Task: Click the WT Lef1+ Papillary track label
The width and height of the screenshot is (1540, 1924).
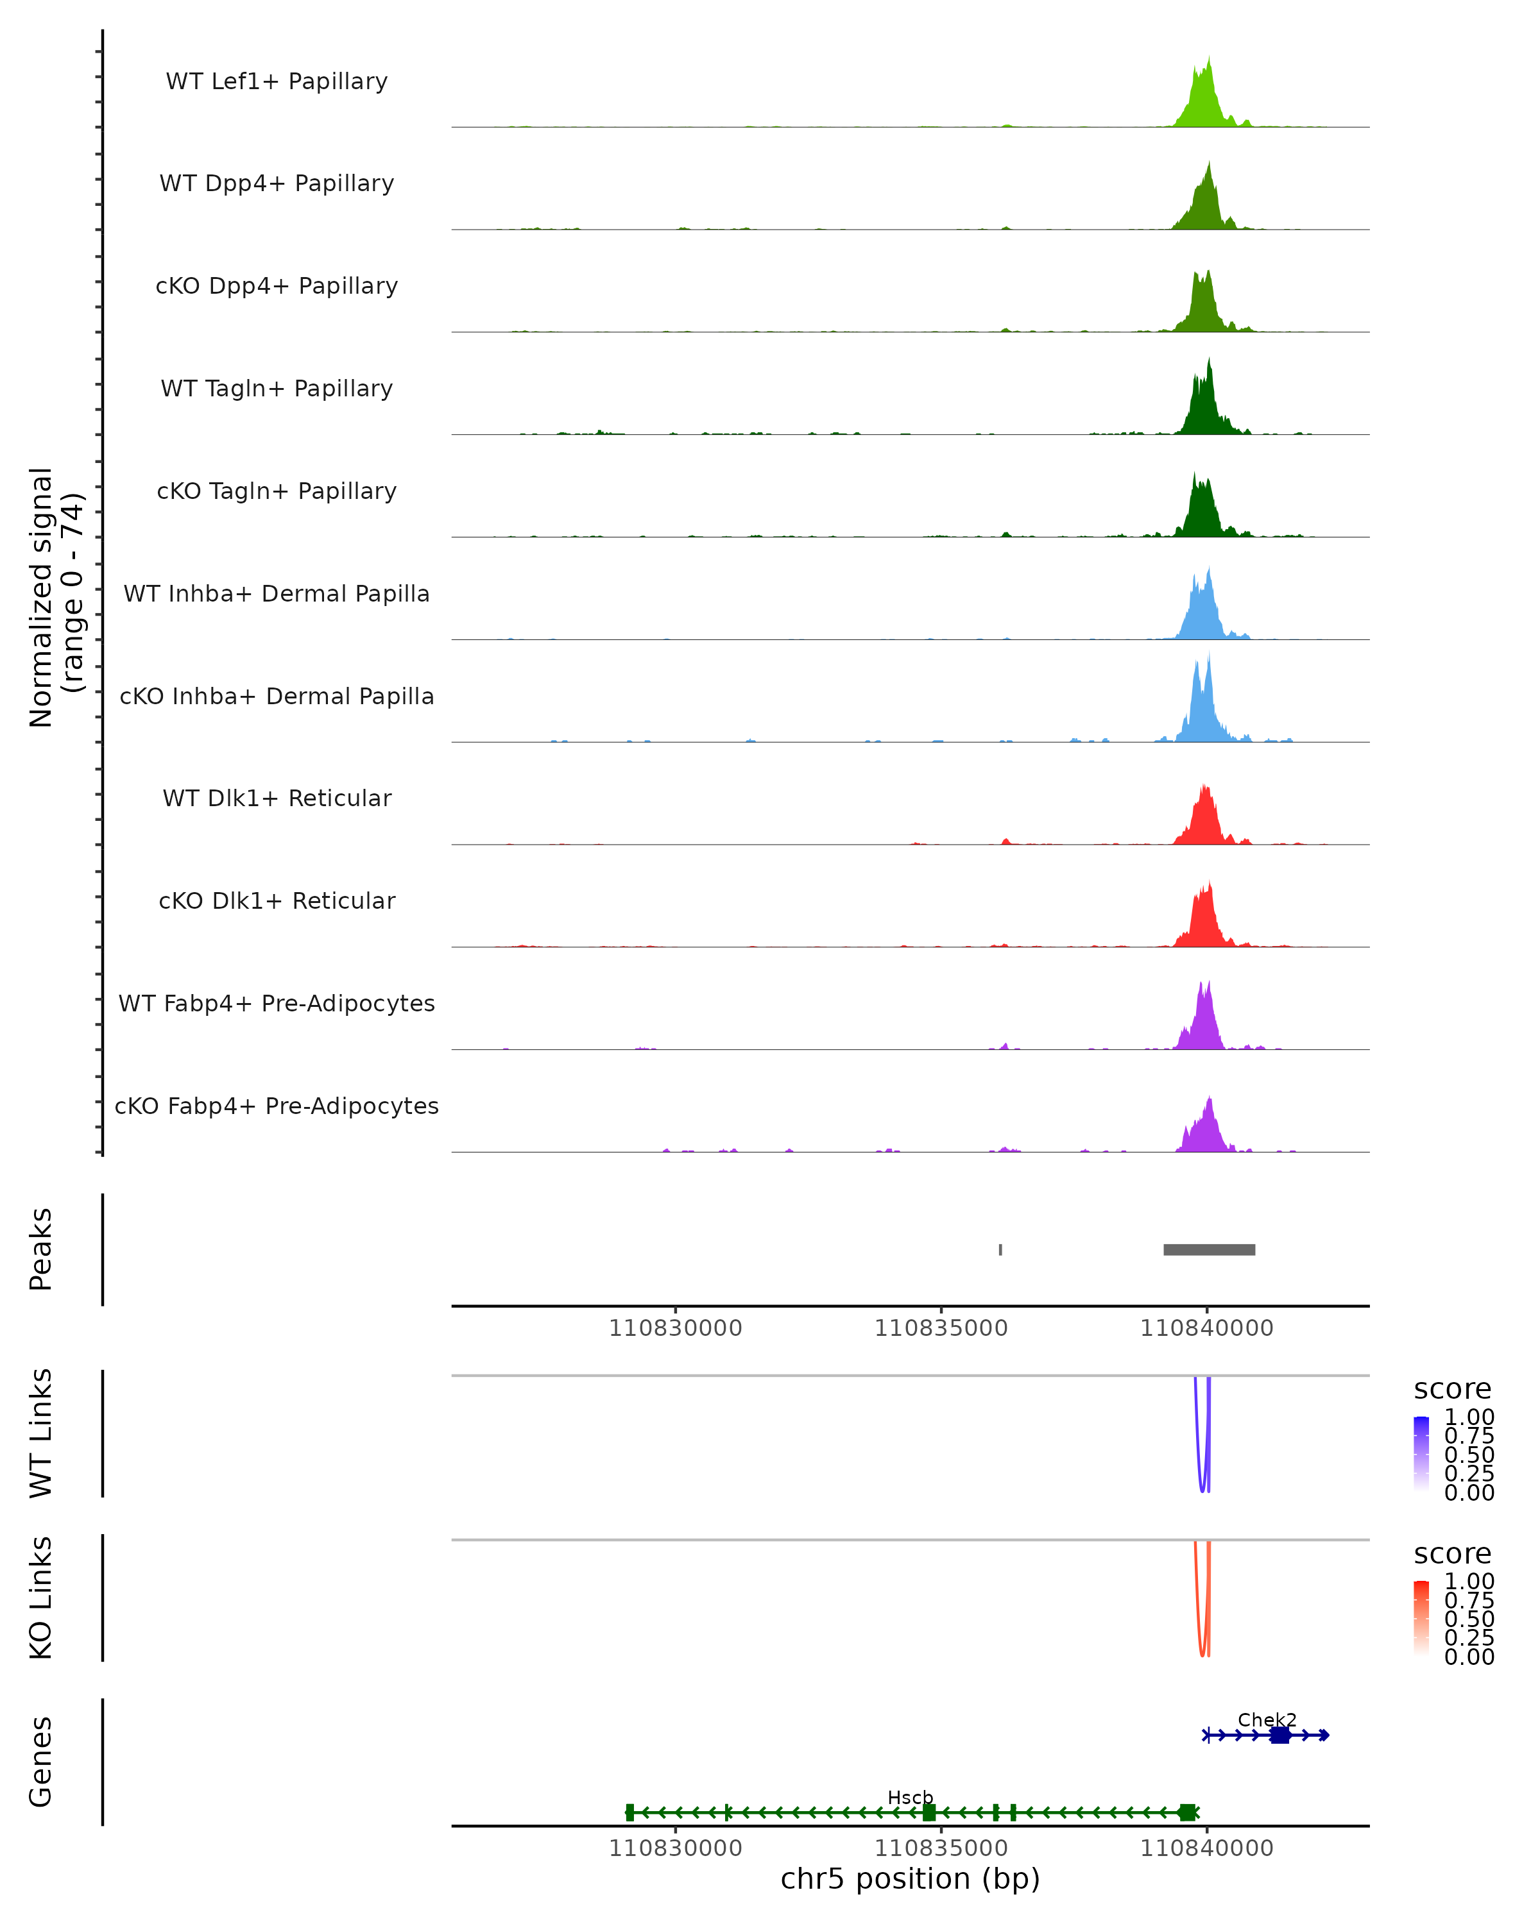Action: click(277, 81)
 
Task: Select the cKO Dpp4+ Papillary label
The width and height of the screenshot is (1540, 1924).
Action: click(277, 285)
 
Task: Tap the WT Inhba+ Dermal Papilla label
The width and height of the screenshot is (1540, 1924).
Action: click(277, 593)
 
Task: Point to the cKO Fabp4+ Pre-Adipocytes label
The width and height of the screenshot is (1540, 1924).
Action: click(277, 1106)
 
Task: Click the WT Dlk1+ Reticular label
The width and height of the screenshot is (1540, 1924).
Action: click(277, 798)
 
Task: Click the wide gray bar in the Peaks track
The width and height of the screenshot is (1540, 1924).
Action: click(1209, 1249)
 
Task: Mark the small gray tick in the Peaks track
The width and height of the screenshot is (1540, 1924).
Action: click(1000, 1249)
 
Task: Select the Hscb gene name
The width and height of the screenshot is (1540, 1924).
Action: click(910, 1797)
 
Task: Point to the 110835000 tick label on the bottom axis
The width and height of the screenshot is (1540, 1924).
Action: click(941, 1848)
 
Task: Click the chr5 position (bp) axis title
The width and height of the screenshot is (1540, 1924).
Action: click(910, 1879)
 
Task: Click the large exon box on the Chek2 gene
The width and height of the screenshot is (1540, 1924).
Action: click(1279, 1735)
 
